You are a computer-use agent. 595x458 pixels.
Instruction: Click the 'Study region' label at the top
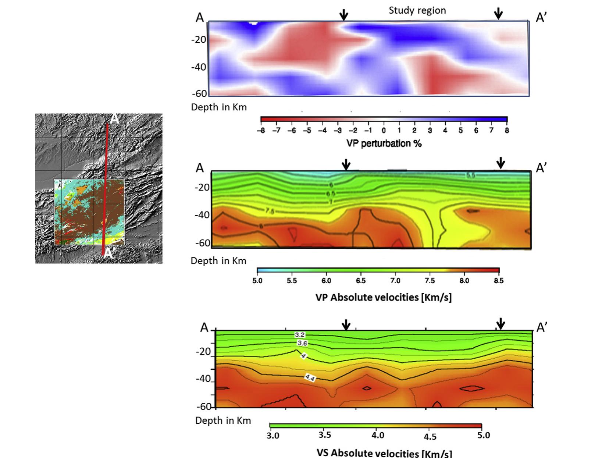(x=417, y=10)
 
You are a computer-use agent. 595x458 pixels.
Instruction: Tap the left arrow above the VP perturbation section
(x=343, y=15)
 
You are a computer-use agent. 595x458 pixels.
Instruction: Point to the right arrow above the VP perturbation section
(x=498, y=14)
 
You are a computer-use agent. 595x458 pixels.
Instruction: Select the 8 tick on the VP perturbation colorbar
(x=507, y=131)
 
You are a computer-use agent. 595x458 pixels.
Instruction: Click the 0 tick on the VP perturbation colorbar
(x=384, y=131)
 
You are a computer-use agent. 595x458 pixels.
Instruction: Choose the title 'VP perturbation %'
(x=384, y=143)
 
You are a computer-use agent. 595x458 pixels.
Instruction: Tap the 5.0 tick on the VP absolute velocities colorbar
(x=257, y=281)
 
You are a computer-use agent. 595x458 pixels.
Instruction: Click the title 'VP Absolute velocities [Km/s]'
(x=384, y=297)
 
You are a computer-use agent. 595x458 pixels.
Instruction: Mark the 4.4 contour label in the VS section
(x=309, y=377)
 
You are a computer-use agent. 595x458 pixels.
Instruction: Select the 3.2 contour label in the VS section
(x=300, y=335)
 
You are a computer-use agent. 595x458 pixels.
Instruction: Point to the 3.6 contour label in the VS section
(x=302, y=343)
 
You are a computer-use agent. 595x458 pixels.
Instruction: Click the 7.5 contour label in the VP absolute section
(x=269, y=210)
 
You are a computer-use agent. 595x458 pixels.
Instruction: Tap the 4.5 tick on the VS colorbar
(x=430, y=437)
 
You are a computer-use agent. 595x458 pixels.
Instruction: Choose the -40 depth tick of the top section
(x=199, y=67)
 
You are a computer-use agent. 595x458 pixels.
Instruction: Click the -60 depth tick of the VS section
(x=203, y=406)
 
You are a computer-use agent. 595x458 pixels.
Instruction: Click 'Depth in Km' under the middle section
(x=218, y=261)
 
